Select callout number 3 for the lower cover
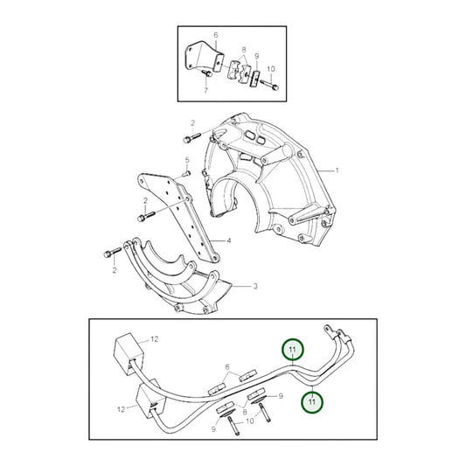click(254, 286)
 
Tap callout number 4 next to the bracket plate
click(228, 240)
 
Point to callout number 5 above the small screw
click(187, 160)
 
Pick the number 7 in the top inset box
click(206, 89)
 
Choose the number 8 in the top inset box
click(244, 51)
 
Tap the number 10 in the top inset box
click(270, 67)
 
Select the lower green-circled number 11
click(310, 401)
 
